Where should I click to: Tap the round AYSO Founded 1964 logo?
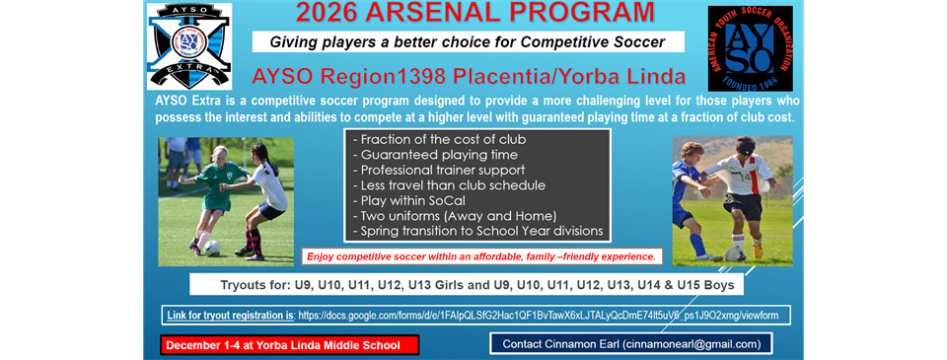tap(750, 48)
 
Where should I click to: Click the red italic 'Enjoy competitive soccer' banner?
tap(481, 256)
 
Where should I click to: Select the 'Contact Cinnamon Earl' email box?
tap(630, 344)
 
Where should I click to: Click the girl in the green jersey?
tap(215, 192)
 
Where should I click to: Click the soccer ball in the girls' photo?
tap(211, 248)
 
